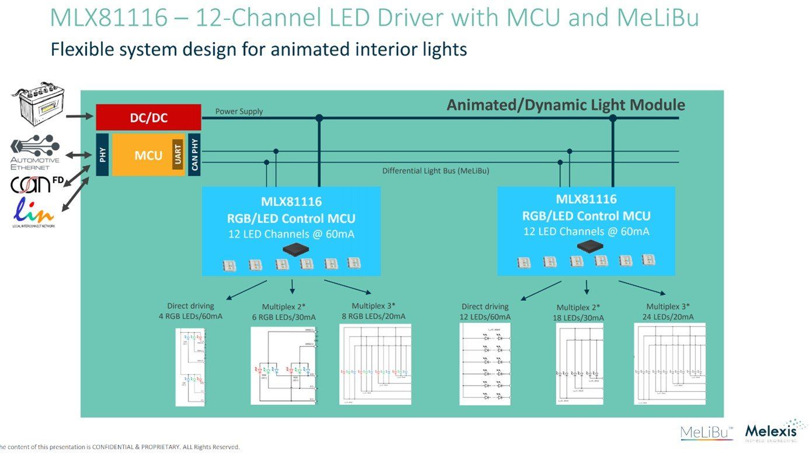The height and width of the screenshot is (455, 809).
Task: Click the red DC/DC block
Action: pos(148,117)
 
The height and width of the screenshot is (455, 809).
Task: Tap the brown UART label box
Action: pos(177,155)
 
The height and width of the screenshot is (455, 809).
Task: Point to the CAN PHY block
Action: pos(194,155)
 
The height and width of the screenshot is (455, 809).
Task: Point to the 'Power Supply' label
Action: pos(239,112)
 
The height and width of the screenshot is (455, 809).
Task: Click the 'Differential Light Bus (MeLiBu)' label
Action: pos(435,171)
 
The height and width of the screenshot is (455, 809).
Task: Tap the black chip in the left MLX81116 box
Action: pos(297,249)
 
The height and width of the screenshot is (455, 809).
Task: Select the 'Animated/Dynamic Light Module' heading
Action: pos(565,105)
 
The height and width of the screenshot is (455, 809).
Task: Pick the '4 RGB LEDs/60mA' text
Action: pos(190,317)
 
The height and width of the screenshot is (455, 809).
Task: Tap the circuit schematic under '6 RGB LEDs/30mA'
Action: pos(284,366)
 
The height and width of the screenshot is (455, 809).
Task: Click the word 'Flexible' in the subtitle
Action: pos(83,49)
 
